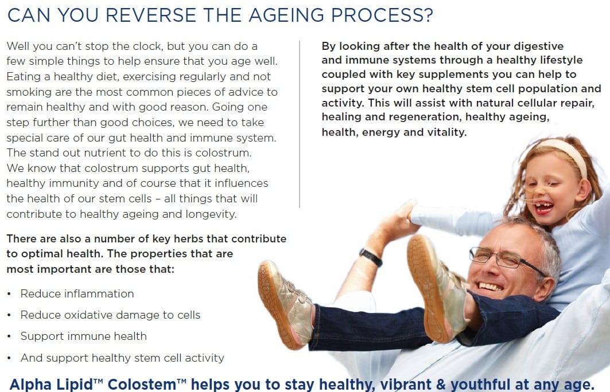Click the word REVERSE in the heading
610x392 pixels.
[151, 15]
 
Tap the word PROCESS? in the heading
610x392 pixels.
[382, 15]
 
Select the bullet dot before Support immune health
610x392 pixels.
[9, 336]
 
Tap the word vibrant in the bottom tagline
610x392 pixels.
[406, 384]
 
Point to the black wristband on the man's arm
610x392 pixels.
[370, 257]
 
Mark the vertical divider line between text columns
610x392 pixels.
[300, 124]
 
